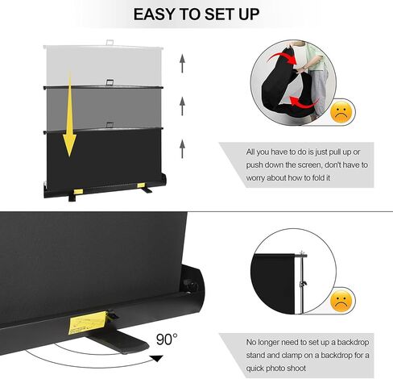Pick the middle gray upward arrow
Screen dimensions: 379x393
tap(183, 102)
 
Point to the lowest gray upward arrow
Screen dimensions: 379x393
tap(183, 146)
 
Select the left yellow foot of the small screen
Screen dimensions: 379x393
tap(77, 190)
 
